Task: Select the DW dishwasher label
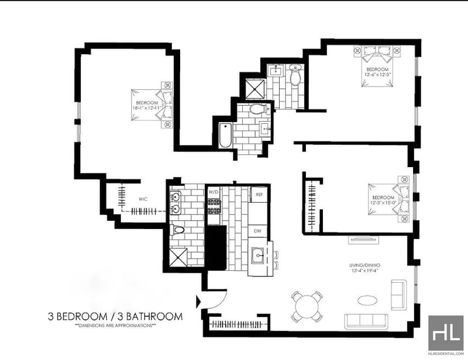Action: pyautogui.click(x=257, y=230)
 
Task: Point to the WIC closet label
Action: pyautogui.click(x=143, y=199)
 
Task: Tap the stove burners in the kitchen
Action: pyautogui.click(x=214, y=206)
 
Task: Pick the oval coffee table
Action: pyautogui.click(x=367, y=300)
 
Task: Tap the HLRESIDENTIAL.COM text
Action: pyautogui.click(x=446, y=354)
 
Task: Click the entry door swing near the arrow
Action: pyautogui.click(x=215, y=298)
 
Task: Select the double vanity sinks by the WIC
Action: pyautogui.click(x=175, y=203)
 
